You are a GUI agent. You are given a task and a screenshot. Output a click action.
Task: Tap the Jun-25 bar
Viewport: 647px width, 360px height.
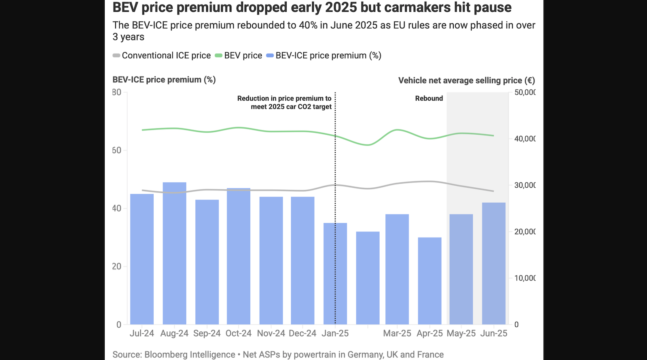coord(494,263)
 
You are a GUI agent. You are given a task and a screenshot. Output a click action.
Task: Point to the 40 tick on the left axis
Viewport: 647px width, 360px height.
coord(116,208)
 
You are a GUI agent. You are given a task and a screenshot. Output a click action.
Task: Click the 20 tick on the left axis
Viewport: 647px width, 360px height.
coord(116,267)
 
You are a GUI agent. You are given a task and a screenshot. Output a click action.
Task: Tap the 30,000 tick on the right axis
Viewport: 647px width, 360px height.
coord(525,185)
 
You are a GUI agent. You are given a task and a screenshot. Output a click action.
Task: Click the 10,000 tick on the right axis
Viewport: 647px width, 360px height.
coord(525,278)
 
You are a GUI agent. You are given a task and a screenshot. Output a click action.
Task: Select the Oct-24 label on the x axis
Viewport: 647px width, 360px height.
coord(238,333)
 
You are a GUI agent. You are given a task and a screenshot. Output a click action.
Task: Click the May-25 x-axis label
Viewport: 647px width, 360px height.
coord(461,333)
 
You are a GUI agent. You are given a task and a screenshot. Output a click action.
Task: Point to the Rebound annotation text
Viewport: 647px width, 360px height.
coord(429,98)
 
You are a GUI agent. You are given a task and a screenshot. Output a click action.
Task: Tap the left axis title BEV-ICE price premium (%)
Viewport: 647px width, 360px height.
coord(164,80)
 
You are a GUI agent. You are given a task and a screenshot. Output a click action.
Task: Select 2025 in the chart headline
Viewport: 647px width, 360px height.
coord(342,7)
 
